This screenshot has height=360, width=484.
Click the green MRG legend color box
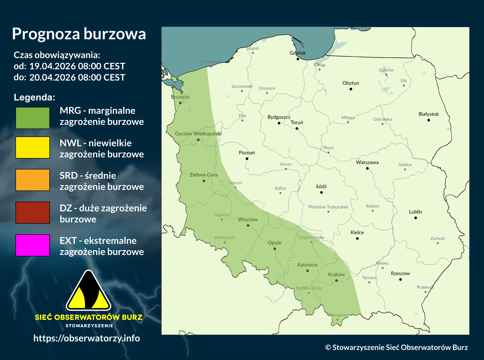(x=33, y=118)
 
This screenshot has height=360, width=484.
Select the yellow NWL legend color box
(x=33, y=147)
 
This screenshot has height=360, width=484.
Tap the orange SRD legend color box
(x=33, y=180)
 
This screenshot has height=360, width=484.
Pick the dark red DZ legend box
(x=33, y=212)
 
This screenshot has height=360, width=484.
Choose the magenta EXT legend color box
(x=33, y=245)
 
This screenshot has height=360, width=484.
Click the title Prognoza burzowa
(x=79, y=34)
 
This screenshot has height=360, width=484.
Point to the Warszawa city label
(x=367, y=162)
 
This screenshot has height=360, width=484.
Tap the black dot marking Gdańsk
(x=298, y=59)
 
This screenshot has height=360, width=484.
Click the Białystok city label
(x=429, y=114)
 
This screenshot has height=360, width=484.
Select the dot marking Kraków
(x=336, y=280)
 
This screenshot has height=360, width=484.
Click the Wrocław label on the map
(x=248, y=219)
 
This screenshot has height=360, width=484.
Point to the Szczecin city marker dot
(x=180, y=103)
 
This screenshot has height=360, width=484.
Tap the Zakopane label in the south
(x=338, y=315)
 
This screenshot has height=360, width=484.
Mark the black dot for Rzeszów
(x=400, y=279)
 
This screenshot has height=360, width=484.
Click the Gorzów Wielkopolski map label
(x=198, y=134)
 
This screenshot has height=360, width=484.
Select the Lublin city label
(x=415, y=212)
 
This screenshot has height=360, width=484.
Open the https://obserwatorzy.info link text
(x=87, y=338)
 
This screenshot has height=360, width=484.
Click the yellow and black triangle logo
(x=88, y=291)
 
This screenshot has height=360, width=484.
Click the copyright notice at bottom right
(x=396, y=347)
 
